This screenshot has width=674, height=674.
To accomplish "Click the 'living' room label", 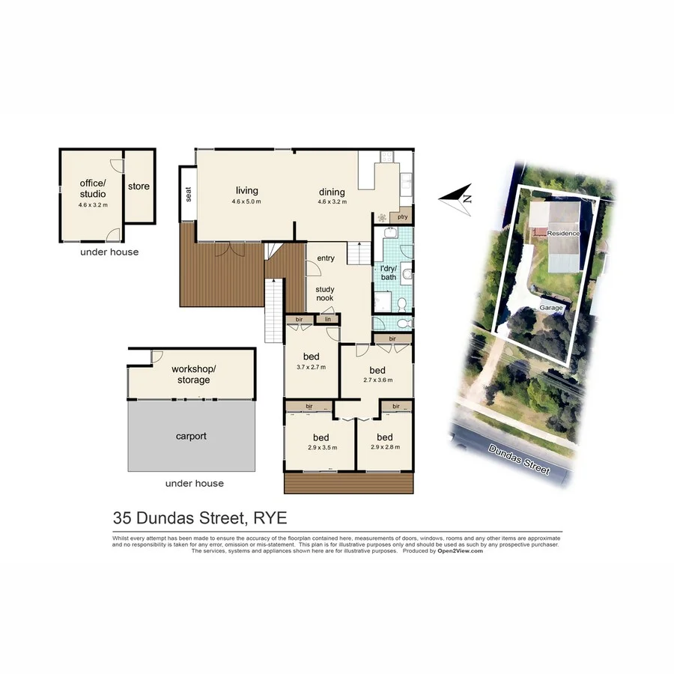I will pyautogui.click(x=246, y=191).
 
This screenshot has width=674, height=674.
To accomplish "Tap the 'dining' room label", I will pyautogui.click(x=331, y=191).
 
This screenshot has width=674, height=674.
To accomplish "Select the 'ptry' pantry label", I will pyautogui.click(x=402, y=217).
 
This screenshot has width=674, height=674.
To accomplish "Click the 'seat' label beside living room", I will pyautogui.click(x=189, y=194).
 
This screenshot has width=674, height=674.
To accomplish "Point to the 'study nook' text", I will pyautogui.click(x=325, y=294).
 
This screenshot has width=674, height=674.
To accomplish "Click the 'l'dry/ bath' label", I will pyautogui.click(x=389, y=273).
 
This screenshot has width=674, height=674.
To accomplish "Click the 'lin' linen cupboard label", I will pyautogui.click(x=327, y=320).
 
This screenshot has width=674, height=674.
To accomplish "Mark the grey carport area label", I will pyautogui.click(x=191, y=436).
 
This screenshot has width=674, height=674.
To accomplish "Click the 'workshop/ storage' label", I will pyautogui.click(x=193, y=374).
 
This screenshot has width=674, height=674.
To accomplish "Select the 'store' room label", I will pyautogui.click(x=139, y=186).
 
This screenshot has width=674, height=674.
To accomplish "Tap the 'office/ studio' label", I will pyautogui.click(x=93, y=189).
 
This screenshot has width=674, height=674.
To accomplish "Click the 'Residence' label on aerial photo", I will pyautogui.click(x=563, y=233).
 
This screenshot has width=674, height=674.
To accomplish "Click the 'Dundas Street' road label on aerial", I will pyautogui.click(x=520, y=459).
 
